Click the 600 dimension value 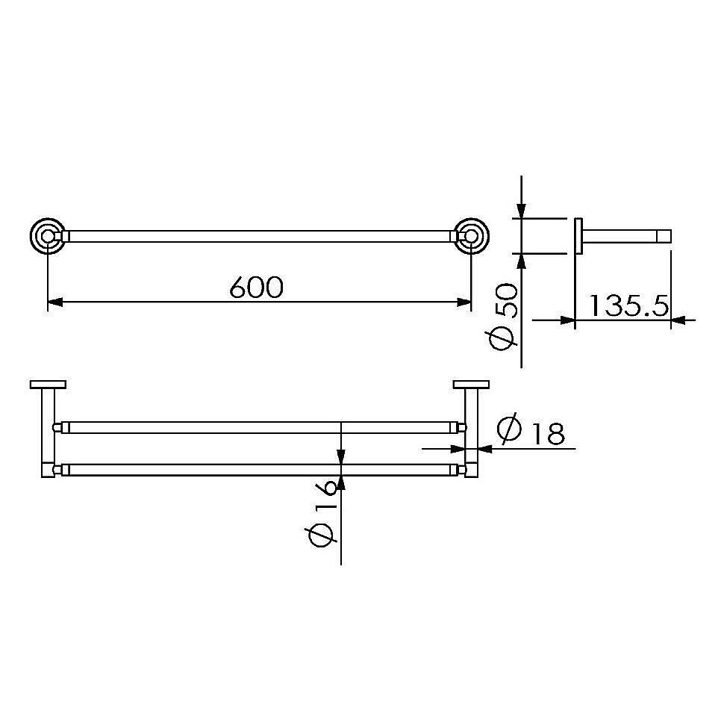(256, 288)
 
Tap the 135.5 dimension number (629, 305)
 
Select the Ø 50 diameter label (505, 318)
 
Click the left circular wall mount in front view (48, 236)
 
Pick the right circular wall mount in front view (472, 236)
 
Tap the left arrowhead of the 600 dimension (55, 302)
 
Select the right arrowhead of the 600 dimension (464, 302)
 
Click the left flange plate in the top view (48, 385)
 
